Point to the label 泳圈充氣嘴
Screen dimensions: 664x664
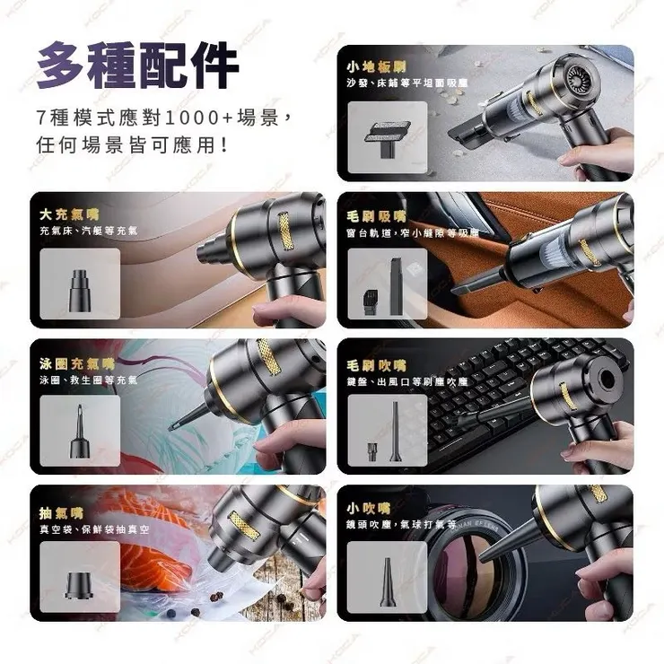[x=77, y=363]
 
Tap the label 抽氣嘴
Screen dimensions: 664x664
[x=61, y=513]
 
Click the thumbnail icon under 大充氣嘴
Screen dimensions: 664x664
[x=80, y=281]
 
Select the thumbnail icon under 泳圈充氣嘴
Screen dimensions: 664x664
[x=80, y=427]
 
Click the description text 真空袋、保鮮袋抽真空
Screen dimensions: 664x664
[x=94, y=530]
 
